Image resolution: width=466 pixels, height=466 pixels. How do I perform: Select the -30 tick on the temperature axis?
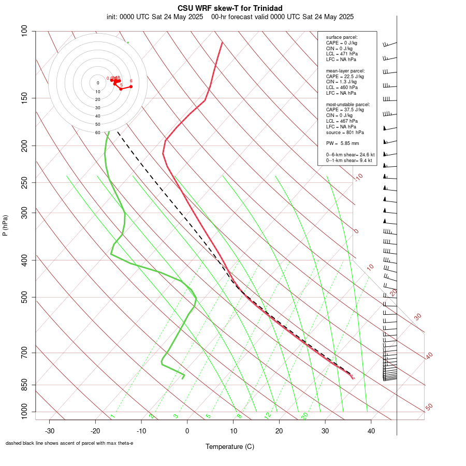(x=50, y=431)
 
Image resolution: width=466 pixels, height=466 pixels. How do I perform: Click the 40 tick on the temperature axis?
(x=371, y=431)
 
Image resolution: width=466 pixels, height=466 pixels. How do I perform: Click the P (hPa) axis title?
(x=5, y=226)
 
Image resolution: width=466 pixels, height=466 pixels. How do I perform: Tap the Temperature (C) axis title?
(x=230, y=446)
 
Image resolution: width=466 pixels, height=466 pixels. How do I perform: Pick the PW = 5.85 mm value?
(x=342, y=143)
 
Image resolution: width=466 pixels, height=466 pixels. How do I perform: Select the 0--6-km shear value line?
(x=350, y=154)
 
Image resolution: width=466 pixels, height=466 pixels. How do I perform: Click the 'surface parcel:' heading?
(x=342, y=37)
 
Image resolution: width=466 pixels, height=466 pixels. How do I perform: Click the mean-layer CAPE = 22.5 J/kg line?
(x=345, y=76)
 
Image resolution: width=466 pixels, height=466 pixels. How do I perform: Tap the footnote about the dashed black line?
(x=69, y=443)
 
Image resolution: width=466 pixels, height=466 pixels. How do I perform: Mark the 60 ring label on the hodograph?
(x=97, y=133)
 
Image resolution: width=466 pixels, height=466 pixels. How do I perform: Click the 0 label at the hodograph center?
(x=97, y=83)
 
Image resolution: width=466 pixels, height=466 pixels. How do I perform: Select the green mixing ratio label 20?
(x=304, y=415)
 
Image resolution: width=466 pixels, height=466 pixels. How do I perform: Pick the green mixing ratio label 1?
(x=112, y=416)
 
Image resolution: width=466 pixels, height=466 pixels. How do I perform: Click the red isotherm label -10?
(x=358, y=177)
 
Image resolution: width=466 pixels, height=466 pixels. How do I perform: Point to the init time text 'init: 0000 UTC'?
(x=128, y=17)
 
